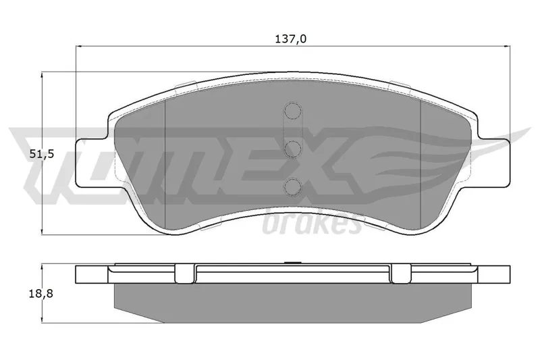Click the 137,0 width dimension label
point(291,39)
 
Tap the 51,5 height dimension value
point(42,154)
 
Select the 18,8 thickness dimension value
point(41,294)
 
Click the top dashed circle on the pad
point(292,111)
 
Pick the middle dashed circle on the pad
point(292,149)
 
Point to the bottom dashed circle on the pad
point(292,186)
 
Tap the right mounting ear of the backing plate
point(493,163)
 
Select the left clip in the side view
point(184,274)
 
